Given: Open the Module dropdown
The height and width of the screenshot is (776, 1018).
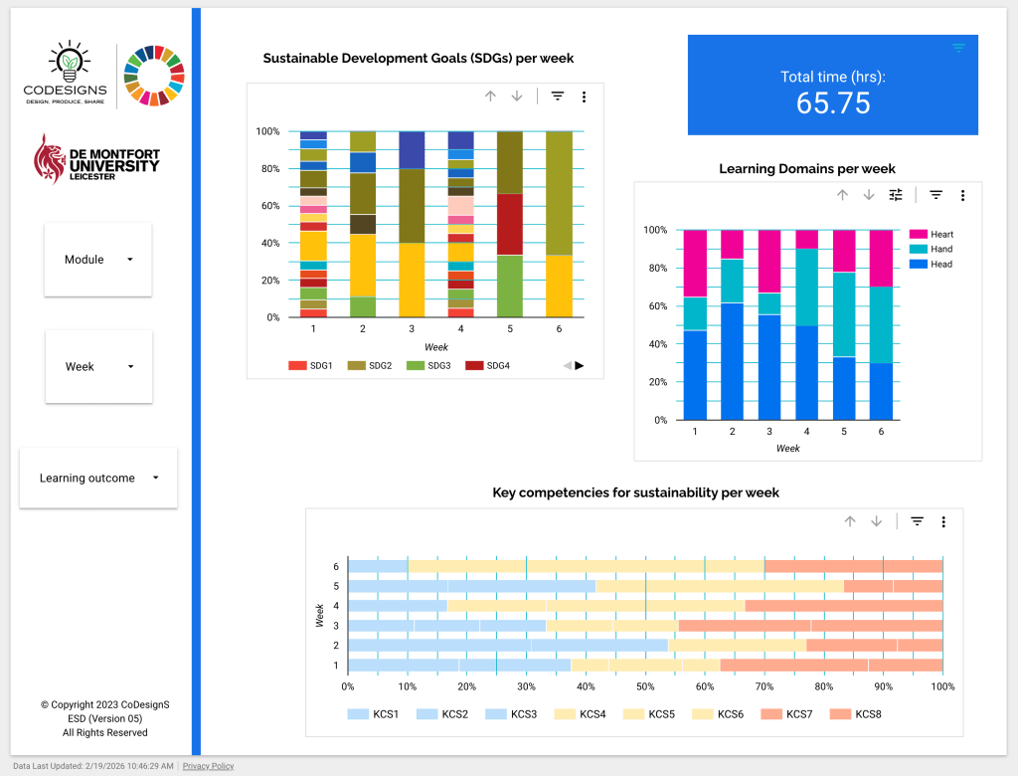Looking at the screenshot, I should [x=97, y=260].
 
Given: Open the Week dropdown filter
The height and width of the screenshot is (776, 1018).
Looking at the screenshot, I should [x=98, y=367].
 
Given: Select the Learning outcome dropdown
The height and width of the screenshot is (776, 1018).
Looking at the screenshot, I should [x=98, y=479].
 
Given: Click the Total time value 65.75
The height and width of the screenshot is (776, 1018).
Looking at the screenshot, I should [x=833, y=102].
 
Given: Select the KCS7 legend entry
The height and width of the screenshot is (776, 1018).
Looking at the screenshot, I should [x=793, y=714].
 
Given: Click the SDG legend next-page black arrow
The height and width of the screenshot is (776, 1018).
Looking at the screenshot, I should [x=580, y=365].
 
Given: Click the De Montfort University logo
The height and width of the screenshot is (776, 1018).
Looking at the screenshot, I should [x=96, y=159].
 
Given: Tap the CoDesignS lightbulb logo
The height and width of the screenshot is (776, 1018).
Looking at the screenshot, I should [x=66, y=74].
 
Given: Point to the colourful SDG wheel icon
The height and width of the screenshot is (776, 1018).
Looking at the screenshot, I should [x=154, y=75].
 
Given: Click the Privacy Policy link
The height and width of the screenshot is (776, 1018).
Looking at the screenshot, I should [x=208, y=766].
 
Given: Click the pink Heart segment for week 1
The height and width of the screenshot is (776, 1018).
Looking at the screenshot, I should [x=695, y=263].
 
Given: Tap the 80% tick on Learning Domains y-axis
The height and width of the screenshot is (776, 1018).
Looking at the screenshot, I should [x=655, y=269].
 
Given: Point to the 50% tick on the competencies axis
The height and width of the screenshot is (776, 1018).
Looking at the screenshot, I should [x=645, y=686].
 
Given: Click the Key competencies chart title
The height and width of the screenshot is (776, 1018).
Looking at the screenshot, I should [x=635, y=492].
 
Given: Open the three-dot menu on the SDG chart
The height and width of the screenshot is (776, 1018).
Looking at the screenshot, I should [x=585, y=97].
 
